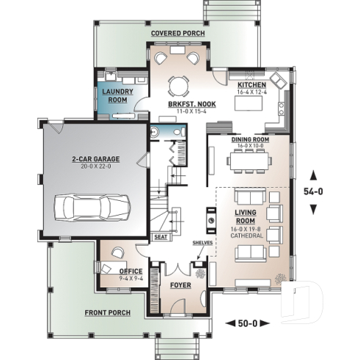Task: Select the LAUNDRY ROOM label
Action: coord(116,95)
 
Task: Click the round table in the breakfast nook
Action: coord(177,86)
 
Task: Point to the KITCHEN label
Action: coord(249,85)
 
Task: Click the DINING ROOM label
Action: coord(250,139)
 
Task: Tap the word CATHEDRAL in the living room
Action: coord(249,236)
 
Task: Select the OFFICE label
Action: coord(131,271)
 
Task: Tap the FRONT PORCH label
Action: coord(107,314)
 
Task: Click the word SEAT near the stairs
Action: coord(160,238)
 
